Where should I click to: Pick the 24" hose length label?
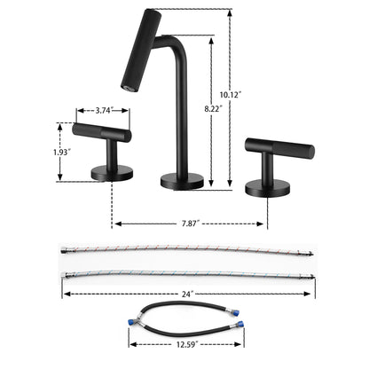(185, 293)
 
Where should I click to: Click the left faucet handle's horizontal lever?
(102, 134)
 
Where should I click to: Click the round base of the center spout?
(182, 182)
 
